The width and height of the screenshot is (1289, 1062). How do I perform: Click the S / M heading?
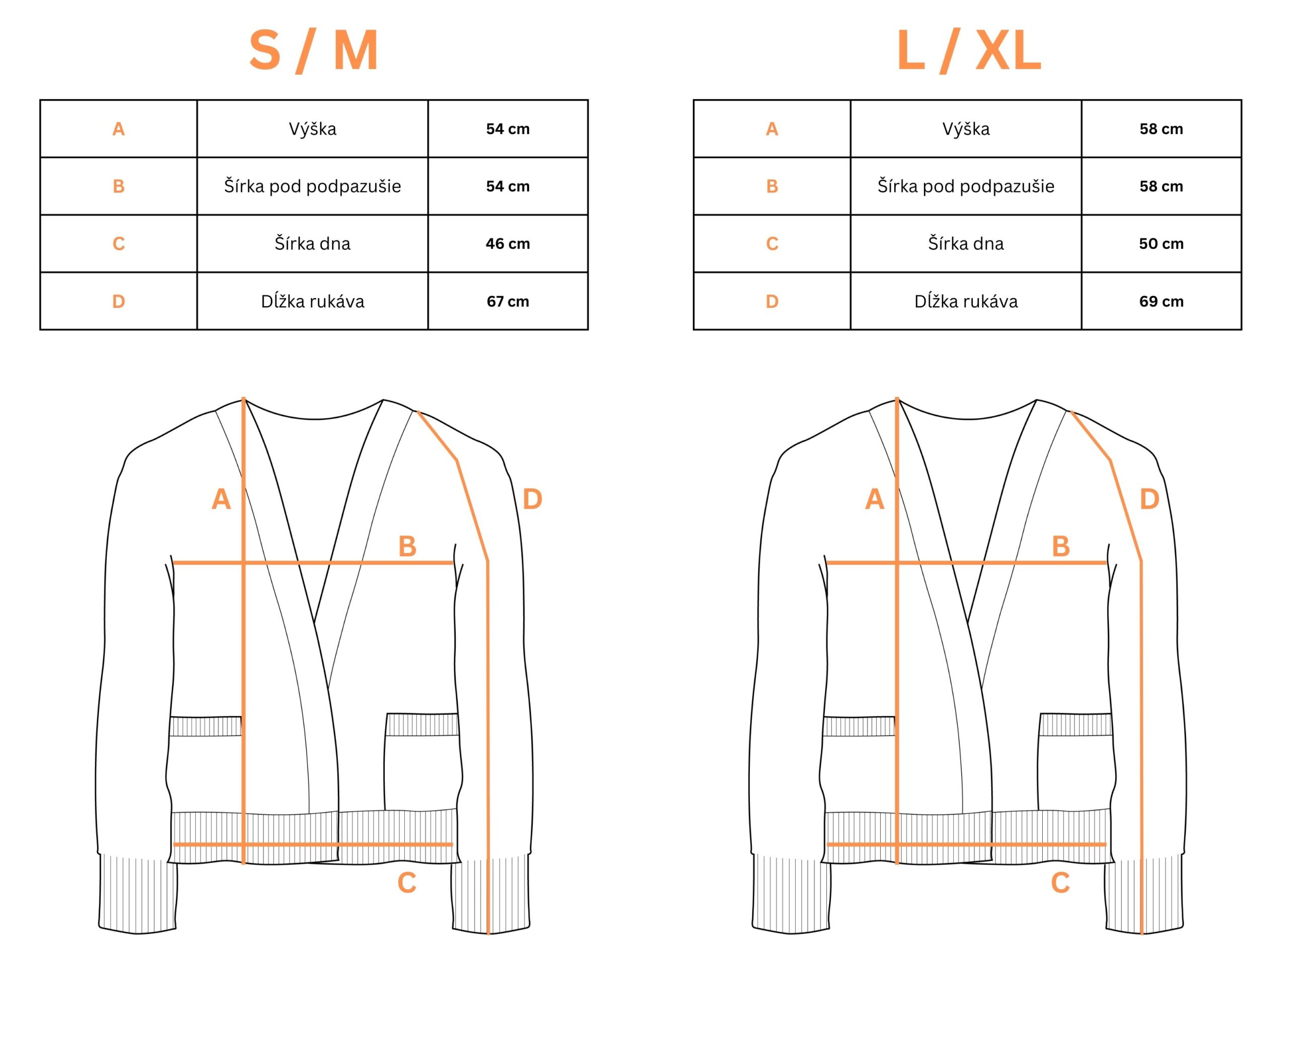[x=313, y=51]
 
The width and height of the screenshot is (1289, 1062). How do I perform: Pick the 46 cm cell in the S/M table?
[x=508, y=244]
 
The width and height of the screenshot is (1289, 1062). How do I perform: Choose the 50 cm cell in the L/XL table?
[x=1161, y=244]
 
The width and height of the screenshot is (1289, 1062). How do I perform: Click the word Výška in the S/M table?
[x=313, y=128]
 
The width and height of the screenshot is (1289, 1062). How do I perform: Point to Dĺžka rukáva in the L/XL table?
[x=966, y=301]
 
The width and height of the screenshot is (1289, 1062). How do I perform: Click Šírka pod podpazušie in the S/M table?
[x=313, y=186]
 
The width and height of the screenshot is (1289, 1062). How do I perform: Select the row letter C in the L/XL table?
[x=772, y=244]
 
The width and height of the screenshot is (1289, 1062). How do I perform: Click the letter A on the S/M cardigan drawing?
[x=221, y=499]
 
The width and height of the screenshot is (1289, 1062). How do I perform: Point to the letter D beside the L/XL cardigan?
[x=1149, y=499]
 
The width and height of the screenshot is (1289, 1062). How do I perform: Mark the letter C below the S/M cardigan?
[x=407, y=883]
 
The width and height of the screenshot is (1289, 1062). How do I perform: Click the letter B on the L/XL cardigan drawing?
[x=1060, y=546]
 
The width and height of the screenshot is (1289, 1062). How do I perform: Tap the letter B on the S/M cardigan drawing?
[x=407, y=546]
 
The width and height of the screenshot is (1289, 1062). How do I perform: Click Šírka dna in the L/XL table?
[x=966, y=243]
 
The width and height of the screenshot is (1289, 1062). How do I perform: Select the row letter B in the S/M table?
[x=119, y=186]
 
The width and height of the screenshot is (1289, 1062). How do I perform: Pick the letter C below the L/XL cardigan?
[x=1060, y=883]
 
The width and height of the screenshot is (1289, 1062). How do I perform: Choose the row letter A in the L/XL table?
[x=772, y=129]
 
